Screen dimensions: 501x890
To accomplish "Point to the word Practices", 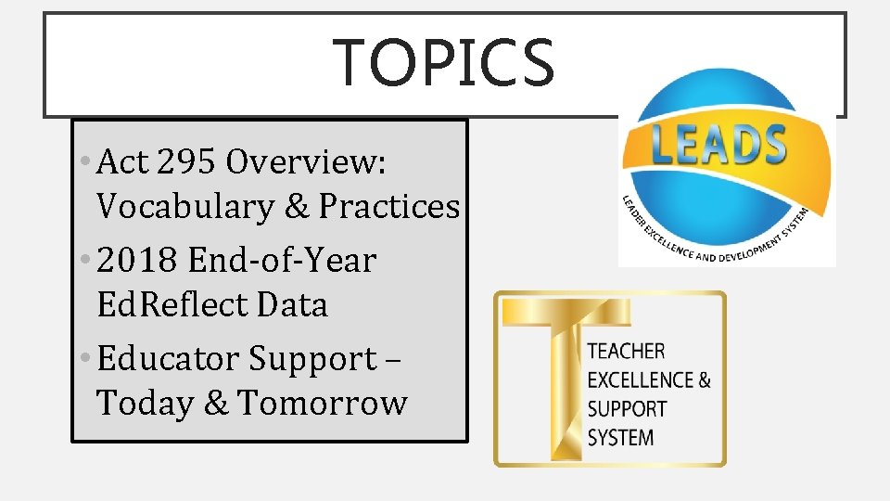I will point(389,206).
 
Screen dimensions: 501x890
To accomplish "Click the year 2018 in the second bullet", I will point(138,260).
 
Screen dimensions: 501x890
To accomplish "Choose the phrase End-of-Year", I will point(282,260).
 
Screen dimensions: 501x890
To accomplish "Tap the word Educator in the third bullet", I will point(166,358).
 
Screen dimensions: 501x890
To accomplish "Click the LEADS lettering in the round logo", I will point(718,146).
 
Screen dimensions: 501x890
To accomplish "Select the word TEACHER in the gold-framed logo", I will point(626,351).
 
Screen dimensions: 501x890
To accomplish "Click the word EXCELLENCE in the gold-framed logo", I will point(641,379).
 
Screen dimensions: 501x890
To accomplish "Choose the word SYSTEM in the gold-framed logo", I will point(620,437).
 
